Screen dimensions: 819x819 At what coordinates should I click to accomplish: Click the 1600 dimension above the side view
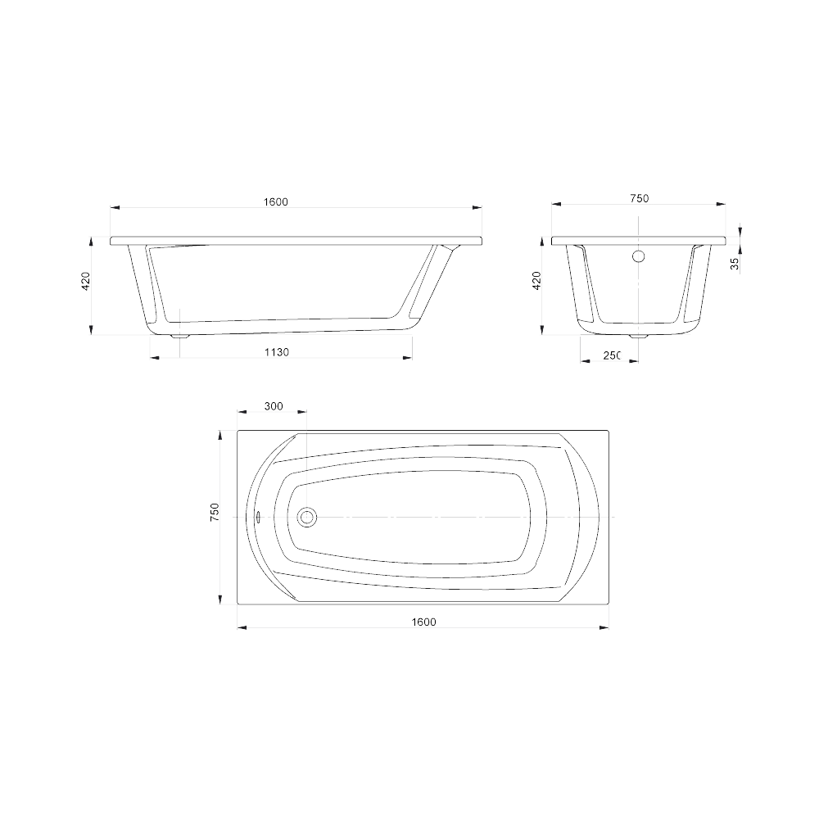coord(276,201)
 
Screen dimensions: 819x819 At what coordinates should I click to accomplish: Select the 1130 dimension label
coord(276,352)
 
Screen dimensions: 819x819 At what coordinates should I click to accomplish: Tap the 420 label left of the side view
coord(86,281)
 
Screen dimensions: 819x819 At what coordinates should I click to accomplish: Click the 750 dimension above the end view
coord(640,198)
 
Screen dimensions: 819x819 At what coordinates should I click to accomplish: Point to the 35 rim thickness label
coord(735,263)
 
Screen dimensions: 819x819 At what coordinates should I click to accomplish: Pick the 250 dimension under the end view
coord(612,355)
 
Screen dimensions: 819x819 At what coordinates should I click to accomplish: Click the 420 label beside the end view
coord(536,281)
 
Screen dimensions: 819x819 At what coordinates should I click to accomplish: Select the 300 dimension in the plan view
coord(274,406)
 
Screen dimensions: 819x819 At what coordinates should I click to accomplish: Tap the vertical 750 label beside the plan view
coord(215,512)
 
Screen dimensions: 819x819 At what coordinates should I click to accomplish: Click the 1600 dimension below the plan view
coord(423,622)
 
